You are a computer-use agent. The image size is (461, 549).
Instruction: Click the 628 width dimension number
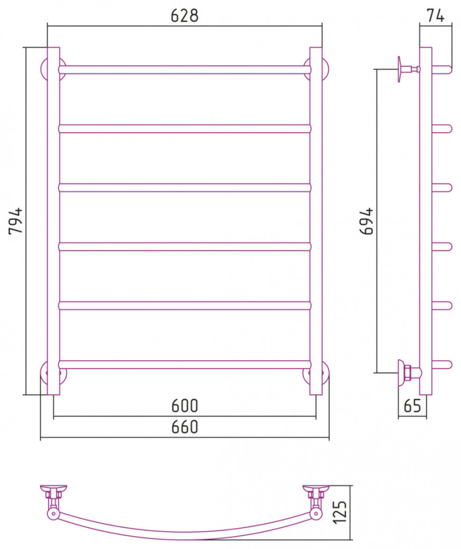[x=184, y=15]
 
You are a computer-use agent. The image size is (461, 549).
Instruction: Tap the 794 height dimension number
[x=15, y=221]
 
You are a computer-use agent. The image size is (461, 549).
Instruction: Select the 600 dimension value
[x=184, y=405]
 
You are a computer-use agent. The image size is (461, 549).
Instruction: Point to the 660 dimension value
[x=184, y=427]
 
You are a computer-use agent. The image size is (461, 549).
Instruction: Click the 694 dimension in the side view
[x=367, y=221]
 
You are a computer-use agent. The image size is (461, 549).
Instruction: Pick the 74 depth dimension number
[x=435, y=15]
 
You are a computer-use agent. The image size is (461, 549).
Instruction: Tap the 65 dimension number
[x=412, y=406]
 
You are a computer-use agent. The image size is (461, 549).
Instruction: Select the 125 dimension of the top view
[x=340, y=512]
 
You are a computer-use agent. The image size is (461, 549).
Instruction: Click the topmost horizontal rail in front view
[x=184, y=69]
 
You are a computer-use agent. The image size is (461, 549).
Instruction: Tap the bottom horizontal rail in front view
[x=184, y=365]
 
